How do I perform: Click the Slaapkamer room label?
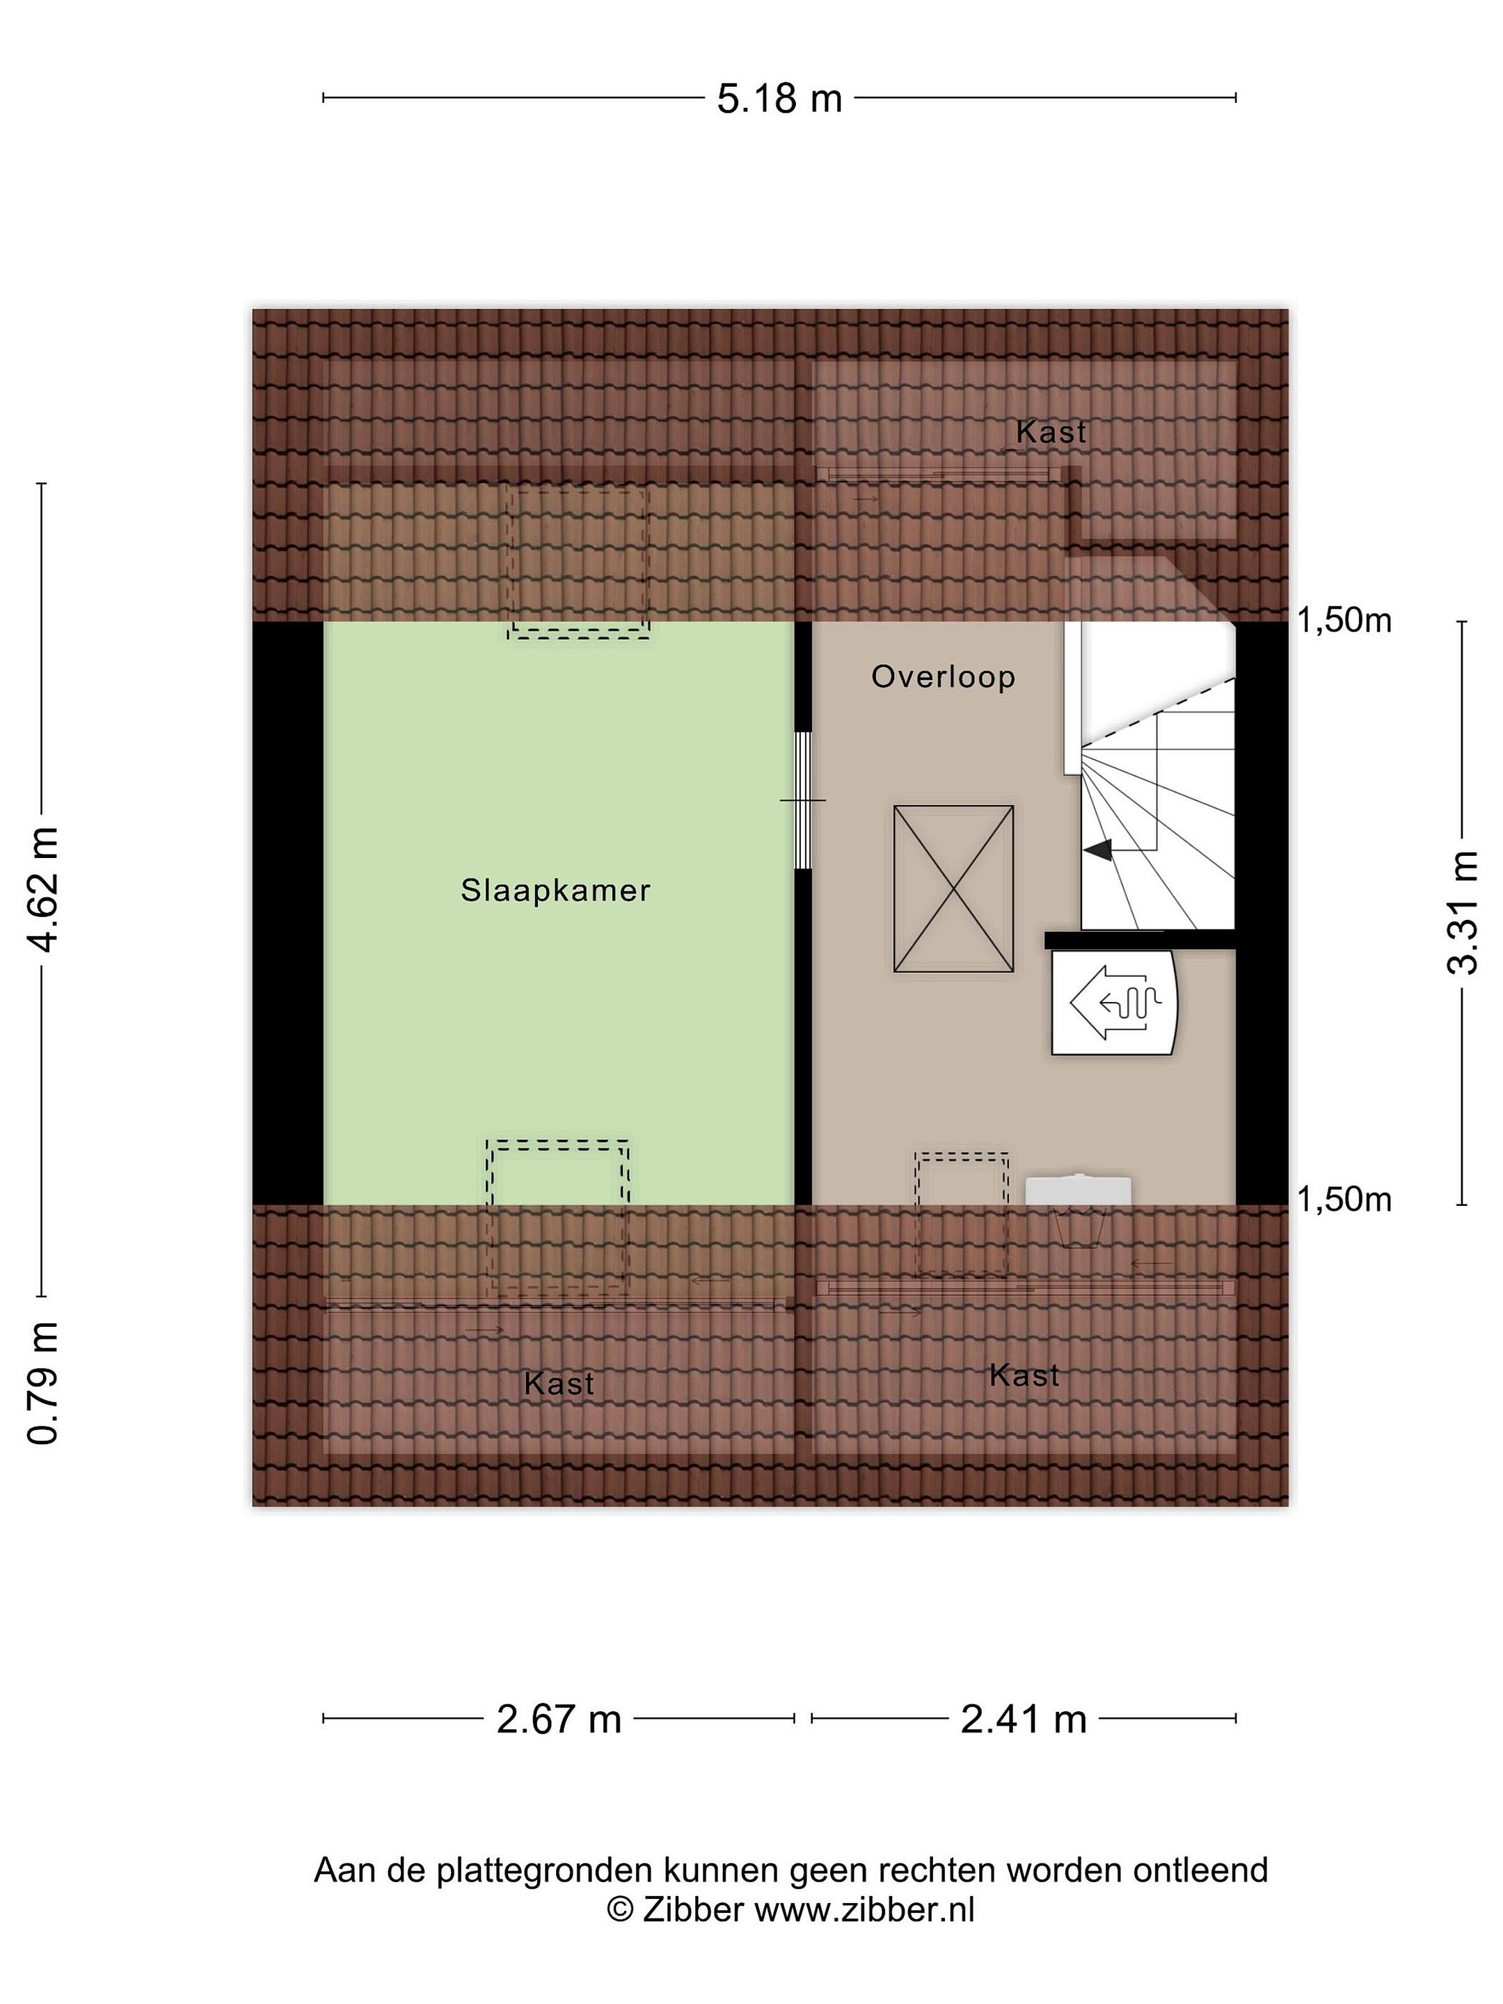[x=555, y=891]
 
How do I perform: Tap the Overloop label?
[x=943, y=677]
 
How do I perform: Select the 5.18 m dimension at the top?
[x=779, y=98]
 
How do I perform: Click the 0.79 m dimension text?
[x=43, y=1383]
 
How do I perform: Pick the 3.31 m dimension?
[x=1461, y=912]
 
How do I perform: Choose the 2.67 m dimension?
[x=559, y=1719]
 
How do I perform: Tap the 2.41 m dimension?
[x=1024, y=1719]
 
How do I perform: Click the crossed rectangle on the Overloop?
[x=953, y=889]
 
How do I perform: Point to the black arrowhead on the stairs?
[x=1097, y=850]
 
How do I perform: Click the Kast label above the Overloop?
[x=1050, y=432]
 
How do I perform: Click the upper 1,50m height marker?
[x=1344, y=621]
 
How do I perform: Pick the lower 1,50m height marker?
[x=1344, y=1200]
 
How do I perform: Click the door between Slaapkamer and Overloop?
[x=803, y=800]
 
